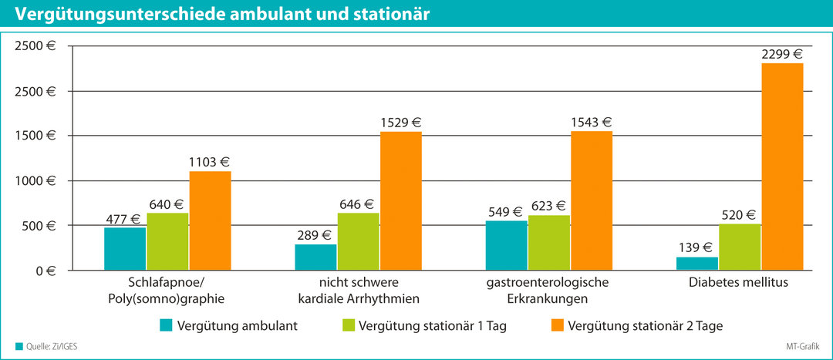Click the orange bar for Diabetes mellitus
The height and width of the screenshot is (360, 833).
(x=782, y=167)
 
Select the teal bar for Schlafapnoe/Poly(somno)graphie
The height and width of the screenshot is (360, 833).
(x=125, y=248)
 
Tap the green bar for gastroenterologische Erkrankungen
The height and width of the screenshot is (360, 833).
(x=549, y=243)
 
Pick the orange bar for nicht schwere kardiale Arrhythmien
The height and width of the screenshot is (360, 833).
(x=400, y=200)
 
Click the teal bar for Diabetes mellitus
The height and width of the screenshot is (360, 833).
(x=697, y=264)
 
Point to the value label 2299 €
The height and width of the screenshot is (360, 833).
(x=781, y=55)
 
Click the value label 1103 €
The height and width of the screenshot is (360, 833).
(x=210, y=163)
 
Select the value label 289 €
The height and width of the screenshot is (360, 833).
(x=315, y=235)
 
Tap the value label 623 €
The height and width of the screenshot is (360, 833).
(x=549, y=206)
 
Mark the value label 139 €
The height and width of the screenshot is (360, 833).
(x=696, y=247)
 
